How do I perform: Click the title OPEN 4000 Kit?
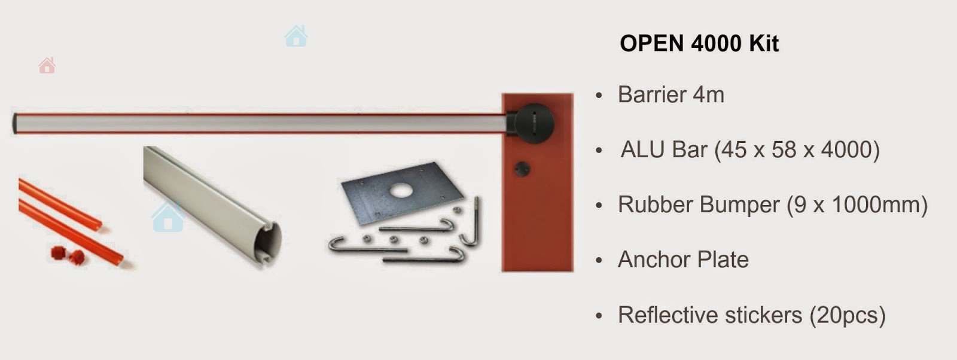[x=699, y=44]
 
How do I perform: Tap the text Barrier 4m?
[x=670, y=94]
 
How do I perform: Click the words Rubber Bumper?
[x=699, y=205]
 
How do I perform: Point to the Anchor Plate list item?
[x=683, y=260]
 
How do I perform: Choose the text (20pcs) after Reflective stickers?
[x=848, y=316]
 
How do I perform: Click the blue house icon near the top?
[x=296, y=36]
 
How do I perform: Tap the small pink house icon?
[x=47, y=65]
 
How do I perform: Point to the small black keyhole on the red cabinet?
[x=522, y=169]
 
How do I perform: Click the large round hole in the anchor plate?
[x=400, y=191]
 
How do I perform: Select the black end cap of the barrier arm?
[x=14, y=123]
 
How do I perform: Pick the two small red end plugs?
[x=68, y=255]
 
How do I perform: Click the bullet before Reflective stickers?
[x=599, y=316]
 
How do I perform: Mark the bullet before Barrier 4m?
[x=599, y=95]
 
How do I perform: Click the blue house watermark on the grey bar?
[x=167, y=217]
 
